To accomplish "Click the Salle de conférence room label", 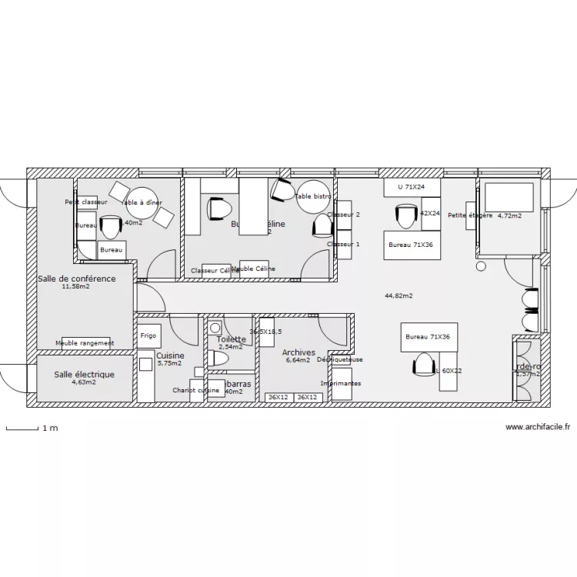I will (76, 278).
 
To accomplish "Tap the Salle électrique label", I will (84, 375).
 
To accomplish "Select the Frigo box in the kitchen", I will (148, 336).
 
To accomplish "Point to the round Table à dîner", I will (142, 203).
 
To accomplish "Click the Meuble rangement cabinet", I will (85, 343).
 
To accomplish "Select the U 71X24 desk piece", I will (411, 187).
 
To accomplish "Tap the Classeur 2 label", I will (343, 215).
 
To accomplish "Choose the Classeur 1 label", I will (343, 245).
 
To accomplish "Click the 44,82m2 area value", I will (399, 295).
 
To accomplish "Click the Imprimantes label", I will (341, 383).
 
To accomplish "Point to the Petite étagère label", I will (469, 215).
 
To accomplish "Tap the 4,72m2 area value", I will (509, 216).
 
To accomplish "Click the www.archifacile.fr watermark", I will (538, 427).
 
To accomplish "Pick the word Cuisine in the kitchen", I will (170, 356).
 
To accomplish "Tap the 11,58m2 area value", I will (75, 287).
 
